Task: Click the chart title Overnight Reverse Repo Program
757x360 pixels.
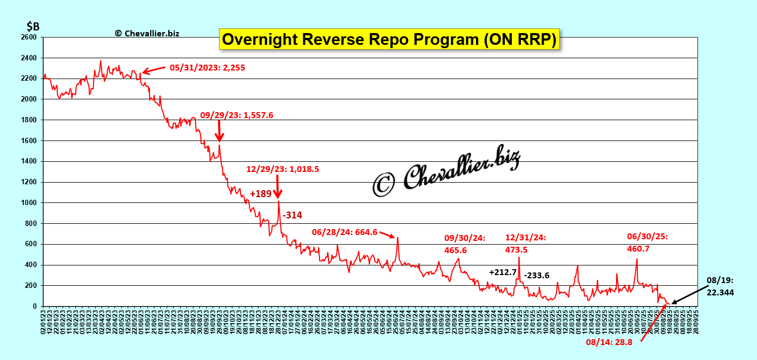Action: (x=389, y=39)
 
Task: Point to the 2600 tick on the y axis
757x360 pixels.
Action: (x=29, y=37)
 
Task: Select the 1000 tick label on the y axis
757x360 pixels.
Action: (x=29, y=203)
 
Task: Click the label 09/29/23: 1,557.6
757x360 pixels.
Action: (x=237, y=115)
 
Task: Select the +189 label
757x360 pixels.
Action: (x=261, y=194)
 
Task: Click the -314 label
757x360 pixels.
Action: (x=292, y=215)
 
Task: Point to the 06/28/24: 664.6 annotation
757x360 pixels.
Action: (x=345, y=232)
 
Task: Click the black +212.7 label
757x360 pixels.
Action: (x=503, y=272)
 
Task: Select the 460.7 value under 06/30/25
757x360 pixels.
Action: (x=639, y=248)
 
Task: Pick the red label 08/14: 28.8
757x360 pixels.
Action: (x=609, y=342)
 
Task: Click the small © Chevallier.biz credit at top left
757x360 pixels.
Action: (x=147, y=33)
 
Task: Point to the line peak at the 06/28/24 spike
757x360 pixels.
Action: (x=397, y=238)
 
